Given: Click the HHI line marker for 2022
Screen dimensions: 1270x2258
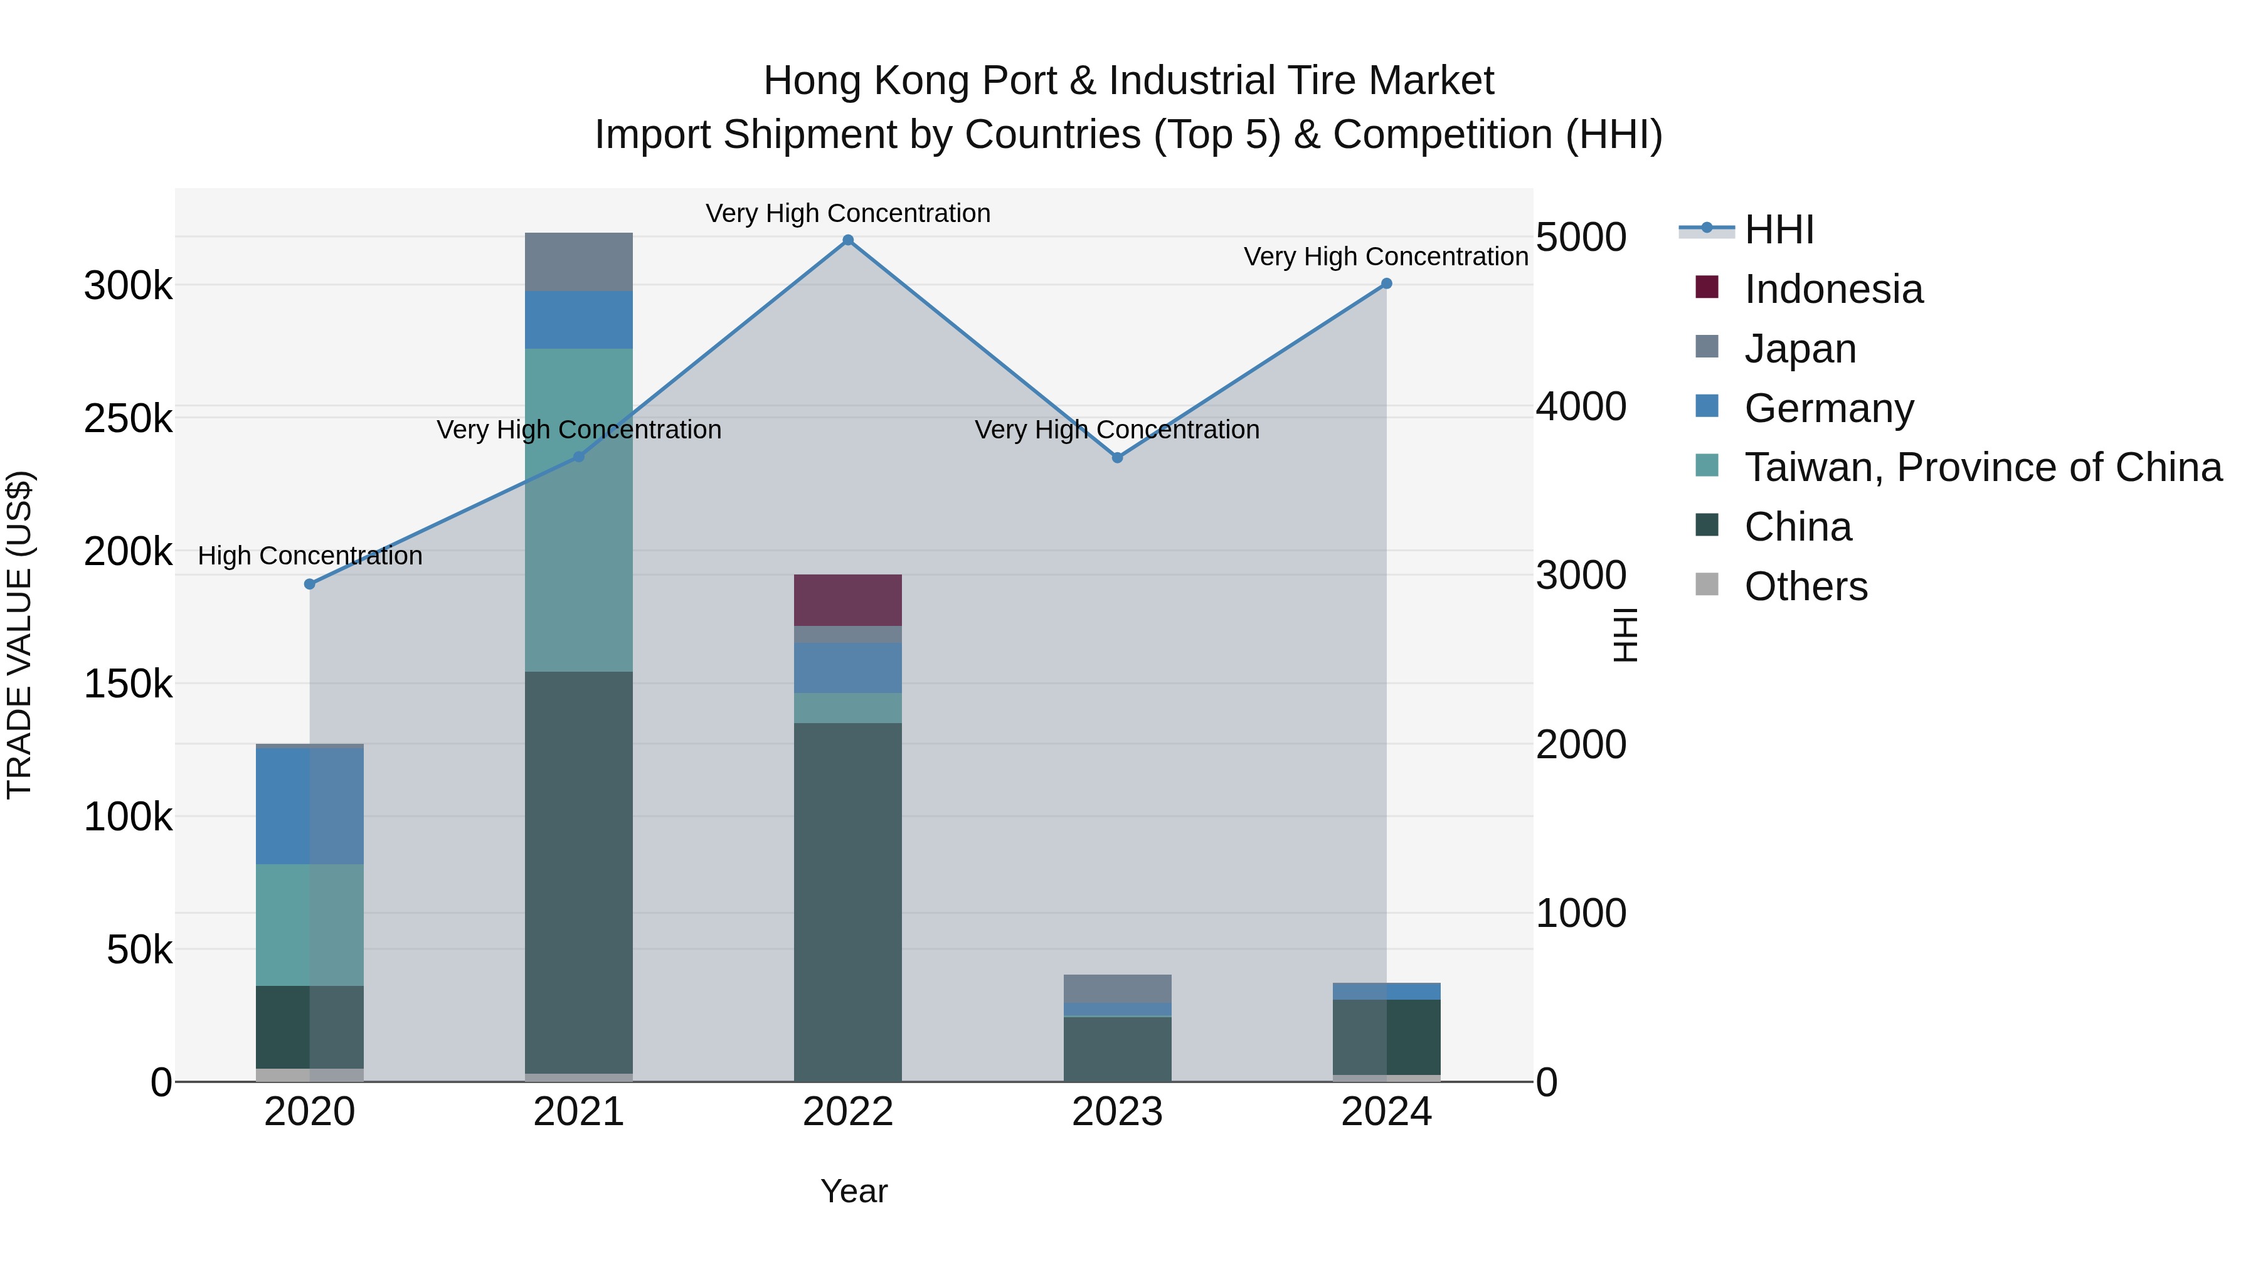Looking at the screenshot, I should pos(847,240).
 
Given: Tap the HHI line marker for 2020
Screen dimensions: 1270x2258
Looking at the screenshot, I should pos(309,585).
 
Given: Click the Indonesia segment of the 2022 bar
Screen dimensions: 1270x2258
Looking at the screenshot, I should pos(847,600).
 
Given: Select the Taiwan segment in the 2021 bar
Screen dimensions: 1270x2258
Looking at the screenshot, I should pos(578,510).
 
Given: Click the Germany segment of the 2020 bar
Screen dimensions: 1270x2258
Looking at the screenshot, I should pos(309,807).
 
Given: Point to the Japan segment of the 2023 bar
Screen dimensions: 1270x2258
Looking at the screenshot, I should pos(1116,988).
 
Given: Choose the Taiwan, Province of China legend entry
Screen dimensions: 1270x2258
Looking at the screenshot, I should pos(1983,467).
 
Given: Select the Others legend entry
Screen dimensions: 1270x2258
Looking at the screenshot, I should pos(1806,586).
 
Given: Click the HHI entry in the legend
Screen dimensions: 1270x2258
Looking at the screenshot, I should pos(1779,230).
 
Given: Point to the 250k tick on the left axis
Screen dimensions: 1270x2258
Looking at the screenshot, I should pos(128,419).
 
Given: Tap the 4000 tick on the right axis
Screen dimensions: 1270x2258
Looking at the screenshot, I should pos(1581,406).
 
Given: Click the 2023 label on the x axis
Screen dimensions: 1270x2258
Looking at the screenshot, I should pos(1116,1112).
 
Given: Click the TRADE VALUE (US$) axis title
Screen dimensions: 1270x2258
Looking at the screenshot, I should pos(19,635).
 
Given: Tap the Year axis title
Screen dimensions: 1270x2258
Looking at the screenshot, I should pos(854,1191).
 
